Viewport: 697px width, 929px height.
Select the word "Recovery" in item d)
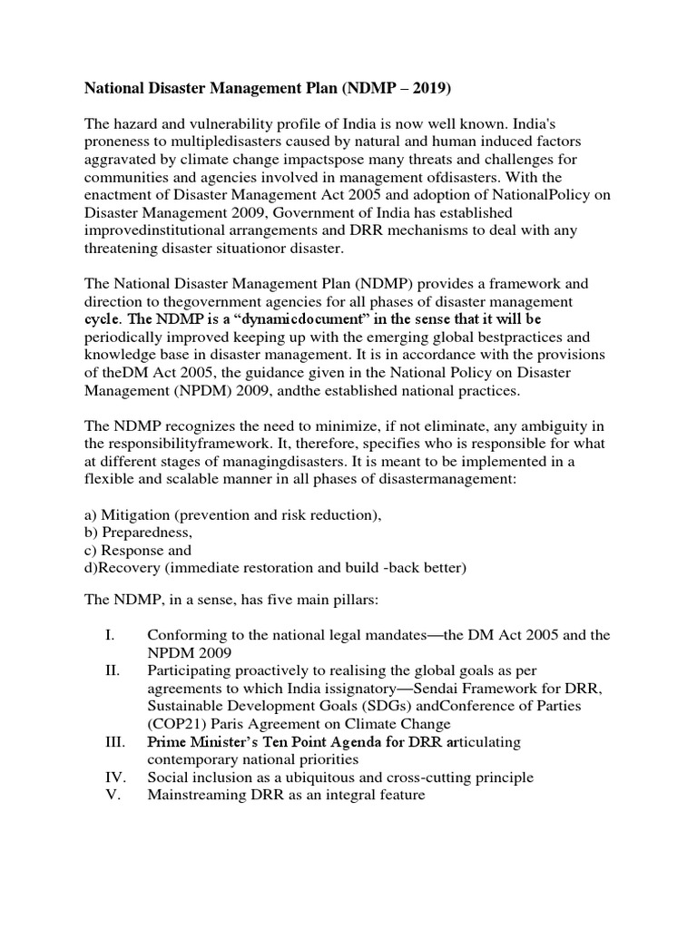point(133,568)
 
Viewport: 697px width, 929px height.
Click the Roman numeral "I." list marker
point(109,636)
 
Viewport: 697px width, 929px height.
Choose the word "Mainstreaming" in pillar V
point(199,795)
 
